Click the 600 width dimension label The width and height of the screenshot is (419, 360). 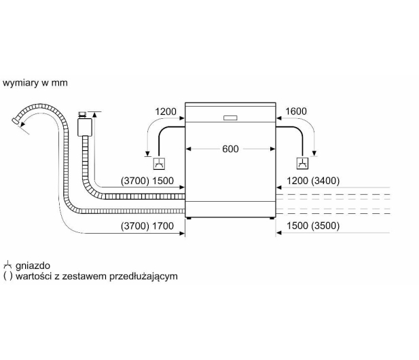coord(230,149)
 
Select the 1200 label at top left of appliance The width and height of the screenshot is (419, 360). coord(166,111)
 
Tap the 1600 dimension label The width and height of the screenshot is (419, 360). coord(296,111)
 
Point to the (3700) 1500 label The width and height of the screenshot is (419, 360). coord(147,181)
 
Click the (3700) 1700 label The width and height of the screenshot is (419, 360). coord(147,226)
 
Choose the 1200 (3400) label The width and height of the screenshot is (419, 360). coord(313,181)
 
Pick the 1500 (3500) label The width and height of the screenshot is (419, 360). coord(313,226)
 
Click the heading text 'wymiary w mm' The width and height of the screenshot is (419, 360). coord(35,83)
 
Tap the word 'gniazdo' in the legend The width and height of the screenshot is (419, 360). coord(33,266)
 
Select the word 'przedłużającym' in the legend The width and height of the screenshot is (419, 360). coord(143,276)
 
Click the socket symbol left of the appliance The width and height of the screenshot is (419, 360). coord(159,164)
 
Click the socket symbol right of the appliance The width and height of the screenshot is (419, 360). coord(302,163)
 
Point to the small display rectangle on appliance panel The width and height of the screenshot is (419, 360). coord(230,118)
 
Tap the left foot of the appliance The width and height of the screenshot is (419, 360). coord(189,218)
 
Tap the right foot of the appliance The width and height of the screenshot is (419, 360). coord(272,218)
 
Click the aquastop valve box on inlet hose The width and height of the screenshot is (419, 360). coord(85,127)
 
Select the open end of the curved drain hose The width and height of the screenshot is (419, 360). coord(15,121)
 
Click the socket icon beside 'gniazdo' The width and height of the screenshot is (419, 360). coord(7,266)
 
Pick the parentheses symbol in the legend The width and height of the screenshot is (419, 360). coord(7,276)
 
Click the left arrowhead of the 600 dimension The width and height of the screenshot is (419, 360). coord(188,149)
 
